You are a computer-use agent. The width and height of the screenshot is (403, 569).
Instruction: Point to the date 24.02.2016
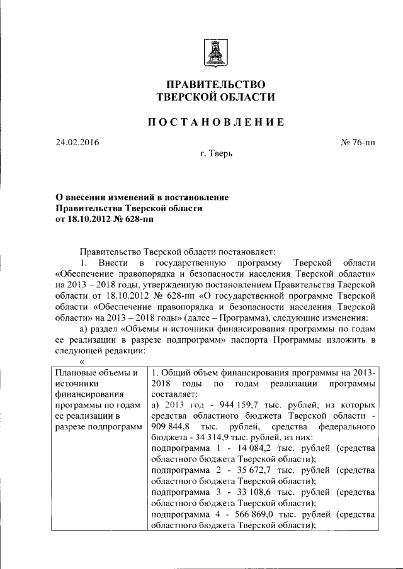(77, 143)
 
